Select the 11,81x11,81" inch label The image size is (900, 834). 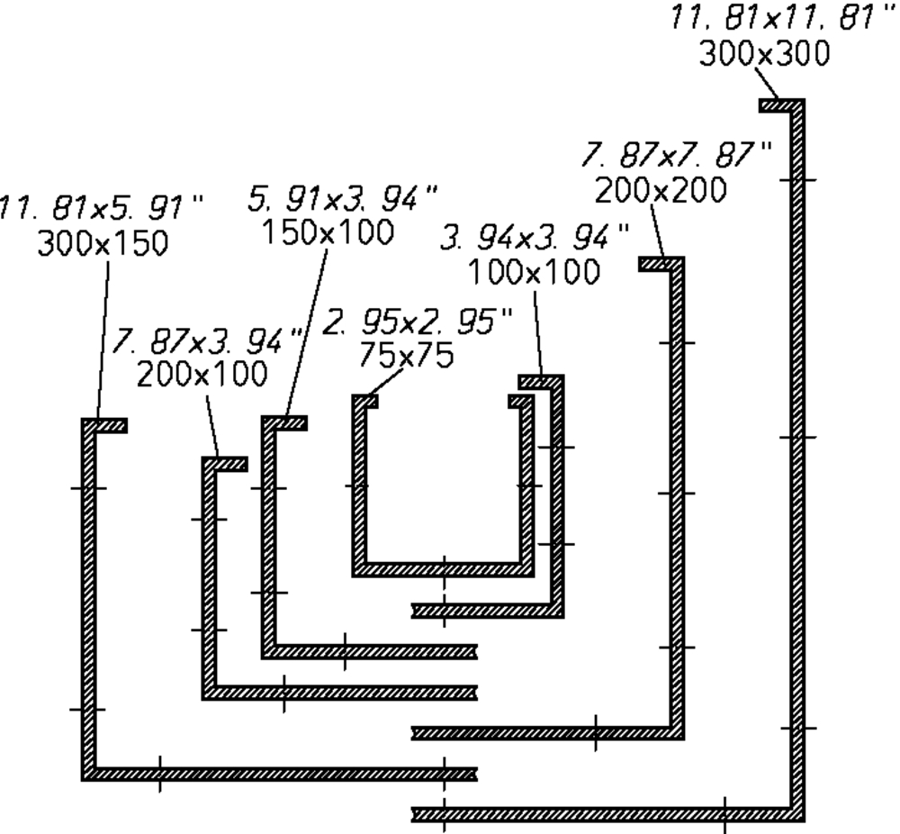click(772, 18)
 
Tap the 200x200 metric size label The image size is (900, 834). click(661, 190)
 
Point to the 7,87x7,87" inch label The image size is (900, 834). click(678, 155)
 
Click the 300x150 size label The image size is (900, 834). click(103, 243)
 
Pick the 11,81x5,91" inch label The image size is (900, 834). click(101, 208)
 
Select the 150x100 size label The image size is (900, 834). click(328, 232)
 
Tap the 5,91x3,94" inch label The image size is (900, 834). click(342, 197)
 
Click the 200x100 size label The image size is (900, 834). click(202, 373)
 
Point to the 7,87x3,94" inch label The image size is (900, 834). click(208, 340)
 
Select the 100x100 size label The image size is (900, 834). click(534, 271)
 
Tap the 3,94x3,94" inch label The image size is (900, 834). click(535, 238)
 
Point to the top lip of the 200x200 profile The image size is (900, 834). click(660, 264)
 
